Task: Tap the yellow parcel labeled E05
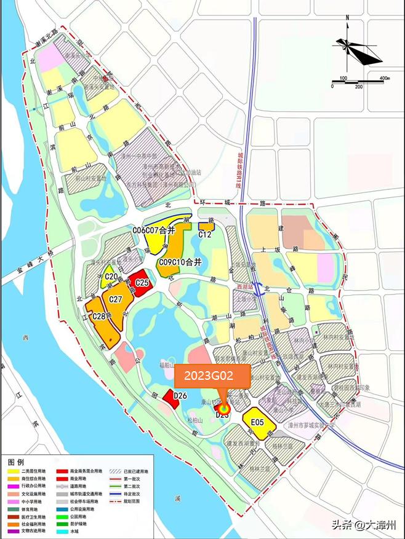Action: click(x=257, y=422)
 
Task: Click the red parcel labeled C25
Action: click(x=142, y=282)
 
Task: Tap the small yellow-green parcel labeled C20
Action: click(x=111, y=277)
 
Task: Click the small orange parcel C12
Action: click(x=206, y=234)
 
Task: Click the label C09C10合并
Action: click(x=180, y=262)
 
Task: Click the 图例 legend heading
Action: click(x=16, y=461)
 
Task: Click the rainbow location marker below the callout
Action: click(x=225, y=406)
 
